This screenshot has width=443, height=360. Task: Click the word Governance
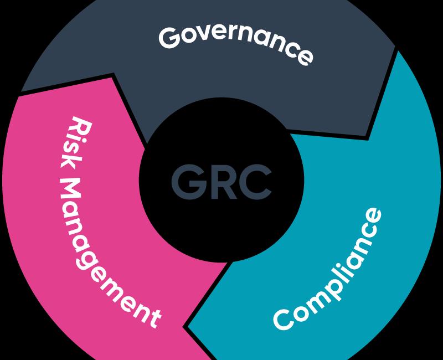click(x=236, y=43)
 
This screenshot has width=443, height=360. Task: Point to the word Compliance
click(x=328, y=269)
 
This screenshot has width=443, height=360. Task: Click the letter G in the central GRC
click(x=188, y=182)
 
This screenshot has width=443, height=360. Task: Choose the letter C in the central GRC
click(x=255, y=182)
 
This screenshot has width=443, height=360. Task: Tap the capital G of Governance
click(x=169, y=37)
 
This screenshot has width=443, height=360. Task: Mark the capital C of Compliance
click(x=284, y=320)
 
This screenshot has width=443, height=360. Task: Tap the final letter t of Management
click(x=154, y=320)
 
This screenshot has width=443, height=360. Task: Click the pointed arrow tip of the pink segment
click(x=113, y=74)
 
